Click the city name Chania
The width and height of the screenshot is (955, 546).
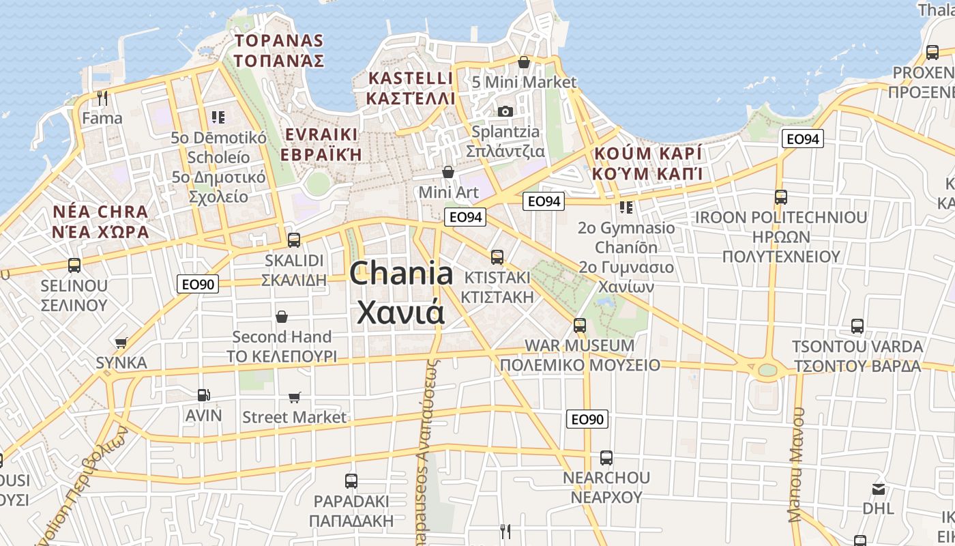401,274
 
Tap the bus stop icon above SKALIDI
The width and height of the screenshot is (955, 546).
294,240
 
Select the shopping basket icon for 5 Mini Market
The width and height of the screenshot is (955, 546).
524,63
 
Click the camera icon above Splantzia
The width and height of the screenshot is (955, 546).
505,111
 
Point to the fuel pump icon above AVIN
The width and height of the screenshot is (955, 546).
203,394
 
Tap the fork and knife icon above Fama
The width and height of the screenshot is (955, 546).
102,98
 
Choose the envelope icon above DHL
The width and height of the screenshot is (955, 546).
878,489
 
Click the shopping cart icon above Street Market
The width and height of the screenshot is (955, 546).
295,397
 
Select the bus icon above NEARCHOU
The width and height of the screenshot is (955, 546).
606,458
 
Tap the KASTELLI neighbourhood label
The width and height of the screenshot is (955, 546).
411,78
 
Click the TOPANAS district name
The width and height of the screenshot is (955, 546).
278,40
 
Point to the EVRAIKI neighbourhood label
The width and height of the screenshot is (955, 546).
321,134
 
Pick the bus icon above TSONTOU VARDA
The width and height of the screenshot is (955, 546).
857,326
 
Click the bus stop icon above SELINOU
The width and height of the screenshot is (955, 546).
74,265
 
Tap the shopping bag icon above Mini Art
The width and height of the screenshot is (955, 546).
448,171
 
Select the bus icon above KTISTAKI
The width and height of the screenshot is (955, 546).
497,257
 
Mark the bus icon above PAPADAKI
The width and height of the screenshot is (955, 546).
351,481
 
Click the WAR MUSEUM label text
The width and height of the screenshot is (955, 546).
579,345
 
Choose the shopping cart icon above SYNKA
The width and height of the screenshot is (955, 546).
121,343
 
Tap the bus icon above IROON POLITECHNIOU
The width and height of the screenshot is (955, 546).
781,197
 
